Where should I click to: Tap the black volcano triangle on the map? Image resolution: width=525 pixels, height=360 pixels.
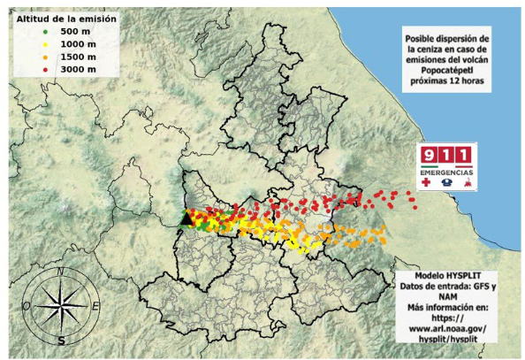[186, 218]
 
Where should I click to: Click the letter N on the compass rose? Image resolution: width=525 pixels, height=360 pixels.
[60, 274]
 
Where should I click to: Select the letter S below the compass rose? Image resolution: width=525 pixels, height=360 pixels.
[61, 340]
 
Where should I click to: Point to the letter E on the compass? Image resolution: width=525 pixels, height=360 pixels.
[95, 306]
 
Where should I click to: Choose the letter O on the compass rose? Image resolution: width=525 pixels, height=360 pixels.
[27, 306]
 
